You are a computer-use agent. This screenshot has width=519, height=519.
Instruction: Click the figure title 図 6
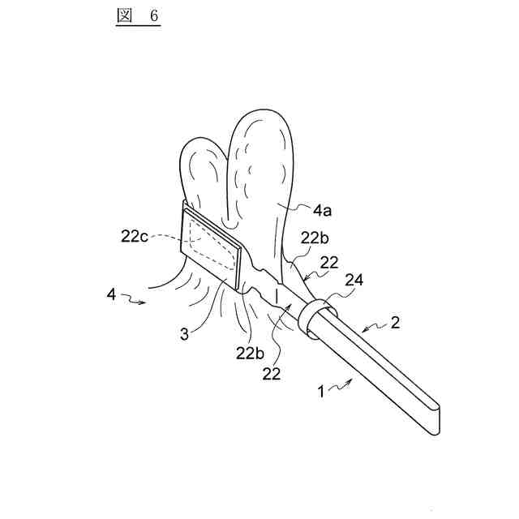135,18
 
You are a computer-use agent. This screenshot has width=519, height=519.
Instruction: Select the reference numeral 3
185,332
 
